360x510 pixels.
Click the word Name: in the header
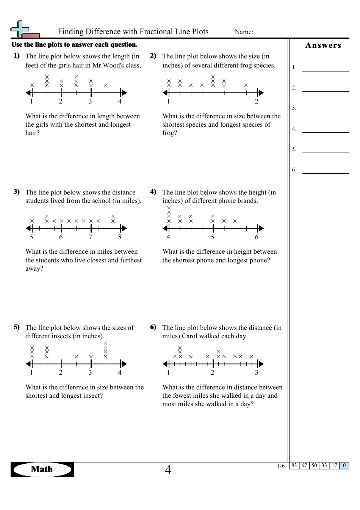pos(244,32)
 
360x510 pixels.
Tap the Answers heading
pos(323,46)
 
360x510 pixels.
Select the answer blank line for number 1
pos(326,70)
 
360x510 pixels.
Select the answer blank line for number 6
pos(326,173)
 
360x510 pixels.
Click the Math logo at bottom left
pos(42,469)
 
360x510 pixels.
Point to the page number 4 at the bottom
pos(168,470)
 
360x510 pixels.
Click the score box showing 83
pos(294,466)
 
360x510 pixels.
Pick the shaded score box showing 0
pos(344,466)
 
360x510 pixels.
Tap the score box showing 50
pos(314,466)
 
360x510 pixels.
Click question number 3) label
pos(17,191)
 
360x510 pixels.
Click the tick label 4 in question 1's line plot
pos(120,101)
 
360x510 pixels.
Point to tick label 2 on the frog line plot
pos(257,101)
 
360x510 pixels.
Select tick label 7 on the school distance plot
pos(90,237)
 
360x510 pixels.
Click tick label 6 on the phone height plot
pos(257,237)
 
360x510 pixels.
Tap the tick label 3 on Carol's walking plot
pos(257,372)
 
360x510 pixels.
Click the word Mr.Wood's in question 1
pos(108,65)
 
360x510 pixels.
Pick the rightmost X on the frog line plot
pos(246,85)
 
